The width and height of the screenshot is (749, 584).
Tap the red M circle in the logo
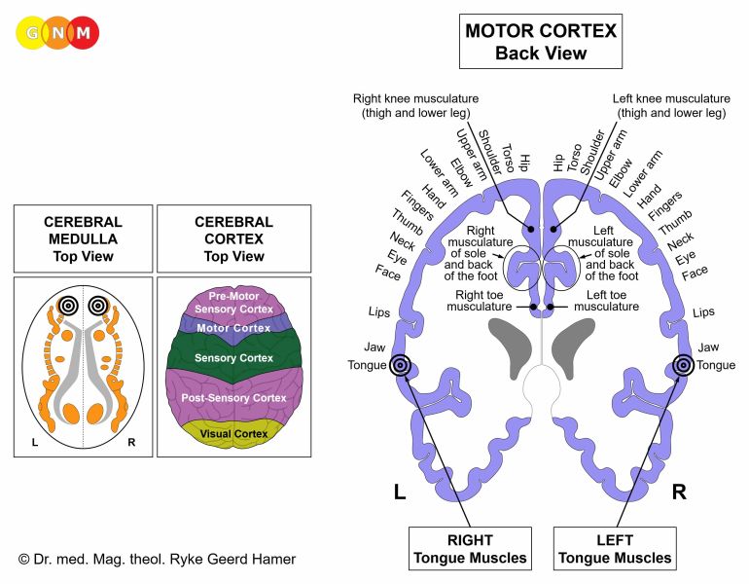coord(85,32)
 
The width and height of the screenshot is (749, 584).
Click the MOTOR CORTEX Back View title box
coord(541,41)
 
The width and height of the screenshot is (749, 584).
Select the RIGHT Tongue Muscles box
coord(471,548)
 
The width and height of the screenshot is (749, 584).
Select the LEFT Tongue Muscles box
coord(615,548)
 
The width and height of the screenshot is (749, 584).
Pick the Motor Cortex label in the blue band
coord(232,328)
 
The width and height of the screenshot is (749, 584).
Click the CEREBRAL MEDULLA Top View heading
coord(82,238)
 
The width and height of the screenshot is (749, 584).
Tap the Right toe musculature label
coord(482,299)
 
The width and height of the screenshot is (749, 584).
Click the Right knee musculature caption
coord(416,105)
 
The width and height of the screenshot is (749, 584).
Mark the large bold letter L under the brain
coord(399,492)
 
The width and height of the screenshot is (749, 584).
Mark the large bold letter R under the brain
coord(679,492)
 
